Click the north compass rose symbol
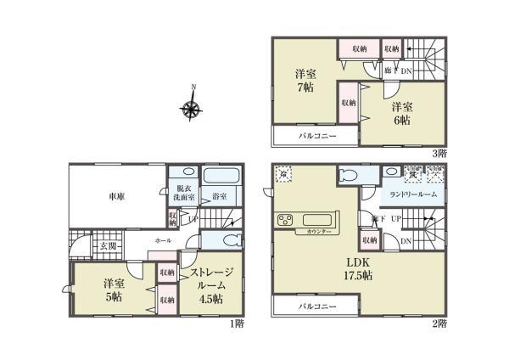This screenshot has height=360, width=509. (x=191, y=108)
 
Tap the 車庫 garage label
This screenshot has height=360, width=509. (x=117, y=196)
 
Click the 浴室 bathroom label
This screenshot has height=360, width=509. (x=220, y=197)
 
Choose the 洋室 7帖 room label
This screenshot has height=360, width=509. (x=306, y=81)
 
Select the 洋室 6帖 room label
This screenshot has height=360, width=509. (x=402, y=115)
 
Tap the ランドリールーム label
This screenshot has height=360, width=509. (x=413, y=195)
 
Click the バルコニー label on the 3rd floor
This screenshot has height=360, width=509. (x=316, y=136)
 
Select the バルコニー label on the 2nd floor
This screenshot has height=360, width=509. (x=316, y=306)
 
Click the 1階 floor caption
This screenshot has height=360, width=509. (x=237, y=323)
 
